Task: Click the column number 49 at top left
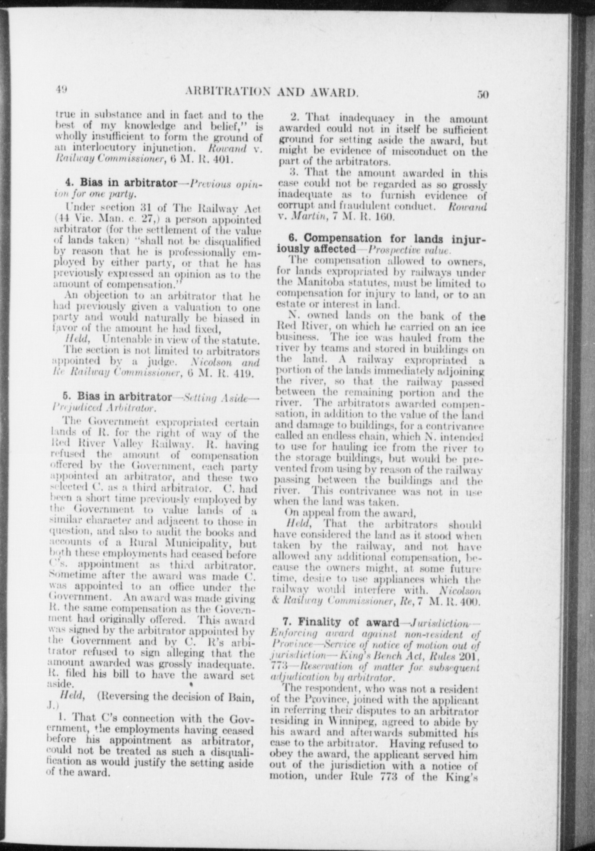60,90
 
